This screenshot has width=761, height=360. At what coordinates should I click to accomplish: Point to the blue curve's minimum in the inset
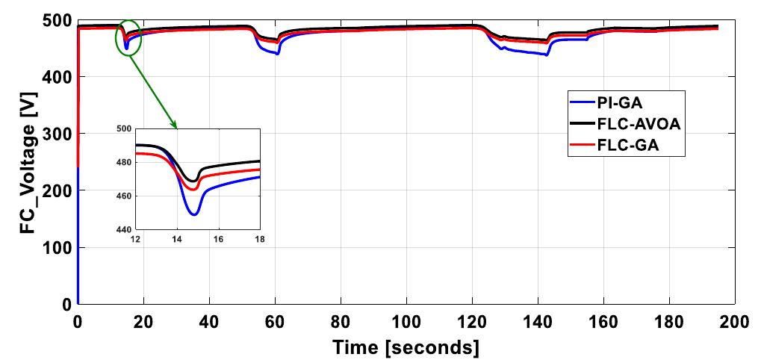click(x=194, y=214)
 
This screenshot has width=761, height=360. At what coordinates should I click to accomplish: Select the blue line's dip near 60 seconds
click(x=277, y=54)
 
